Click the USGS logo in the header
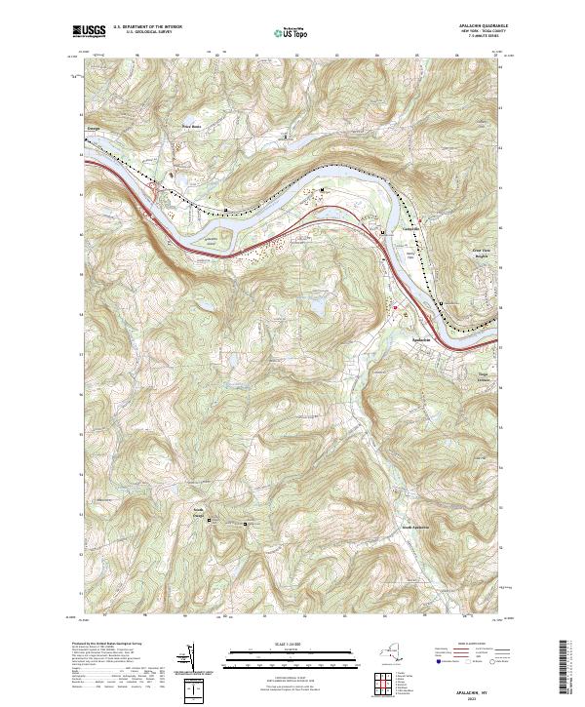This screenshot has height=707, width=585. coord(88,30)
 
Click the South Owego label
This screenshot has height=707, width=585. coord(197,512)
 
